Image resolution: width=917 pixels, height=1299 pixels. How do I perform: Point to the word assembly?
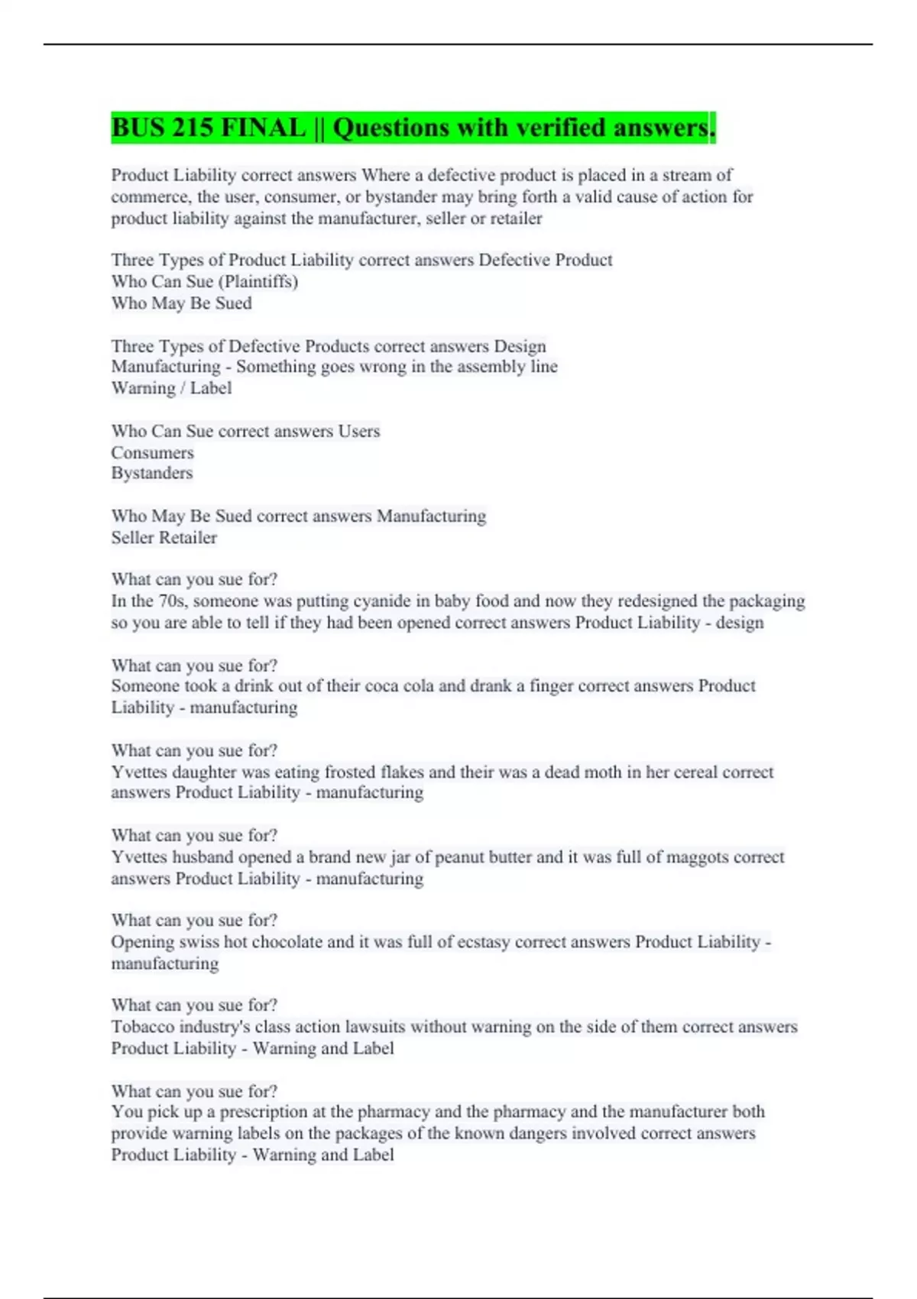tap(489, 367)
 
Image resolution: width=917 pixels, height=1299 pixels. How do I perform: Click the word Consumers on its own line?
tap(152, 452)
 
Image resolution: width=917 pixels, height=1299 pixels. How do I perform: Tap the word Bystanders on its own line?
tap(152, 473)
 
